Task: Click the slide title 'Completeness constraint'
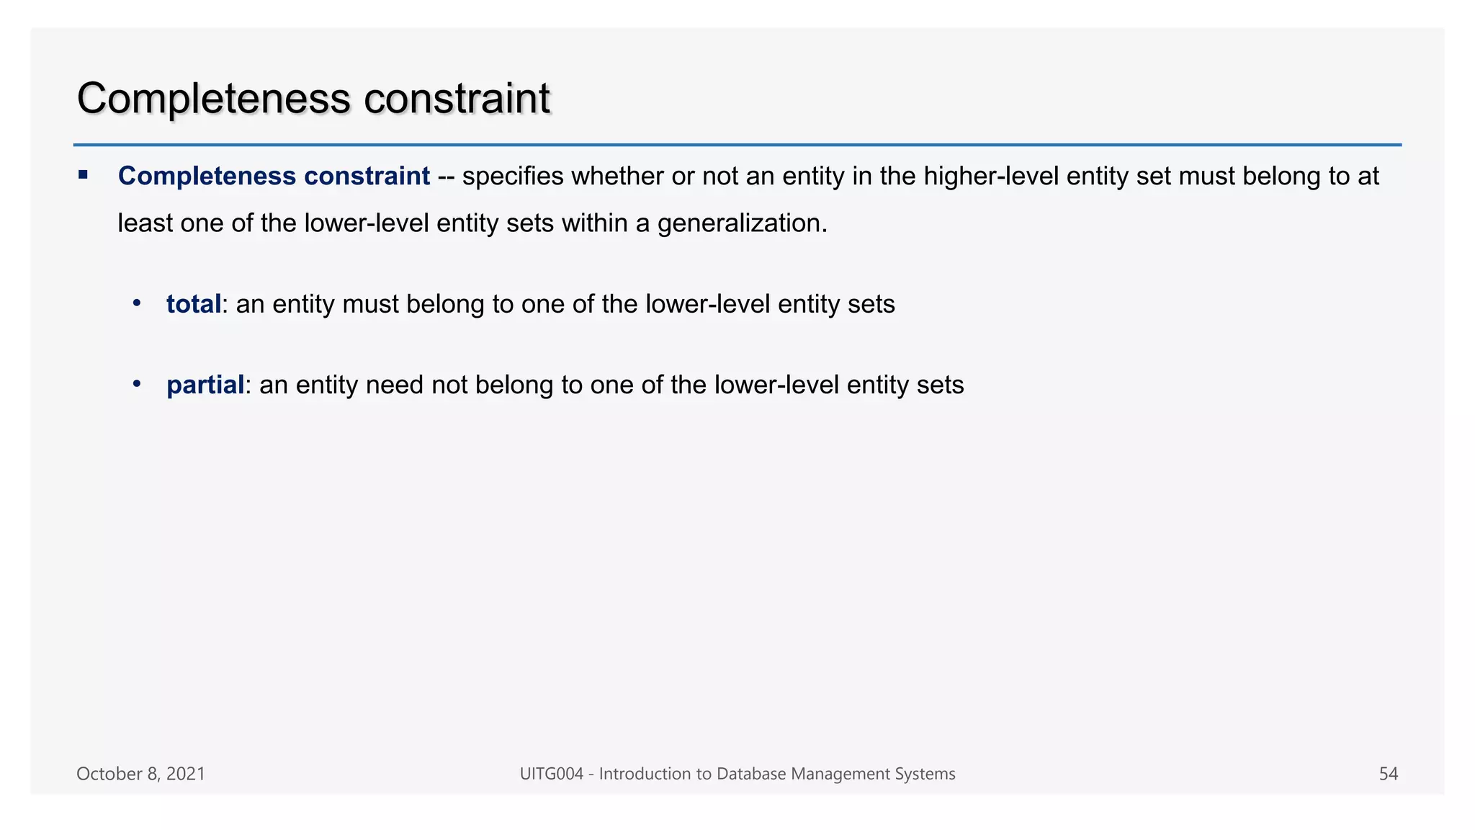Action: point(313,99)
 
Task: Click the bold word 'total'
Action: point(193,304)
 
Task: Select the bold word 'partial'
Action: point(205,385)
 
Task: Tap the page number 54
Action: point(1388,774)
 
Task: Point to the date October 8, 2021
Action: point(140,774)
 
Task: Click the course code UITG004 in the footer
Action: point(551,774)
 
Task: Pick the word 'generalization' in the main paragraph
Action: point(741,223)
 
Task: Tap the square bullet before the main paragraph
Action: point(83,174)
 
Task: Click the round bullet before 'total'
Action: point(137,303)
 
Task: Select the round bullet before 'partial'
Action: point(137,383)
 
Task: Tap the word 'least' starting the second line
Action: point(145,223)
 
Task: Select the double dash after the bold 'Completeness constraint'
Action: point(446,177)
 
